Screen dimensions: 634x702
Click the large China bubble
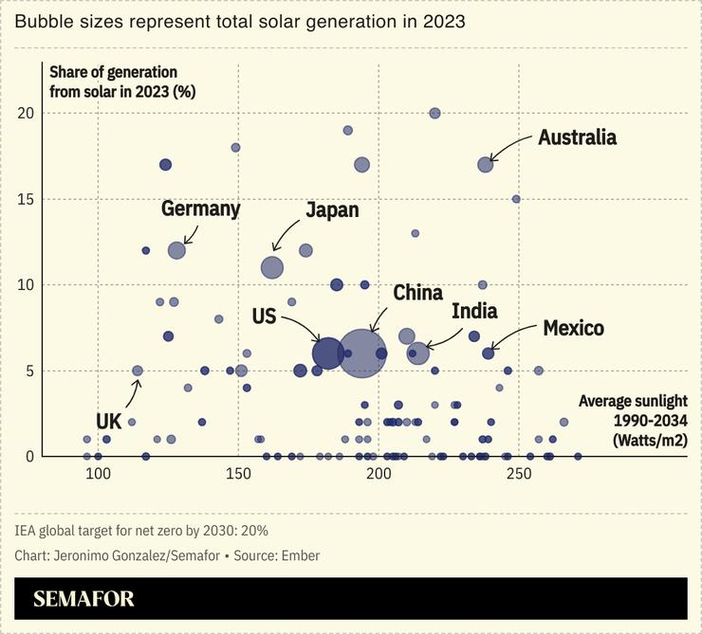click(x=362, y=353)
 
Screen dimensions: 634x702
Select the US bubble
click(x=327, y=353)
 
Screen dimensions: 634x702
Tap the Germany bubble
click(x=176, y=250)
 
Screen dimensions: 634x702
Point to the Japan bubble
click(x=272, y=268)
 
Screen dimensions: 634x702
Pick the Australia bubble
click(x=486, y=164)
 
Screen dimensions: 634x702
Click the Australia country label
click(x=577, y=137)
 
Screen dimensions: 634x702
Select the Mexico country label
click(x=573, y=328)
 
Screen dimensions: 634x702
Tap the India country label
click(x=474, y=311)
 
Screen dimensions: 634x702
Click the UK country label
click(x=109, y=421)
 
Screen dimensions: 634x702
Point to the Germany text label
click(x=200, y=208)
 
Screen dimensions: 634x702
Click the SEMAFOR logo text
click(x=83, y=599)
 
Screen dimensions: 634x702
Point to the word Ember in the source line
click(x=301, y=555)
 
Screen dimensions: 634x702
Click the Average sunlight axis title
click(x=633, y=419)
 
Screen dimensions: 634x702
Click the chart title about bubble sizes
click(x=240, y=21)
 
